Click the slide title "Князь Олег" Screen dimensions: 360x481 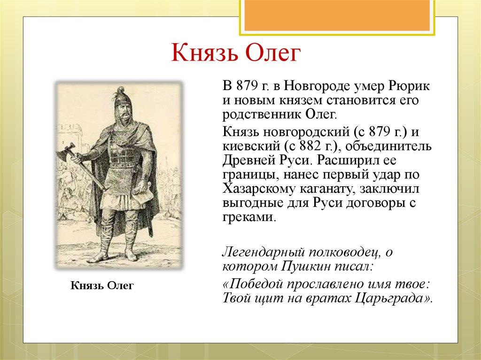point(234,53)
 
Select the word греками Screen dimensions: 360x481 point(247,217)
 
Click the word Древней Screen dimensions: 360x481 point(249,160)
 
